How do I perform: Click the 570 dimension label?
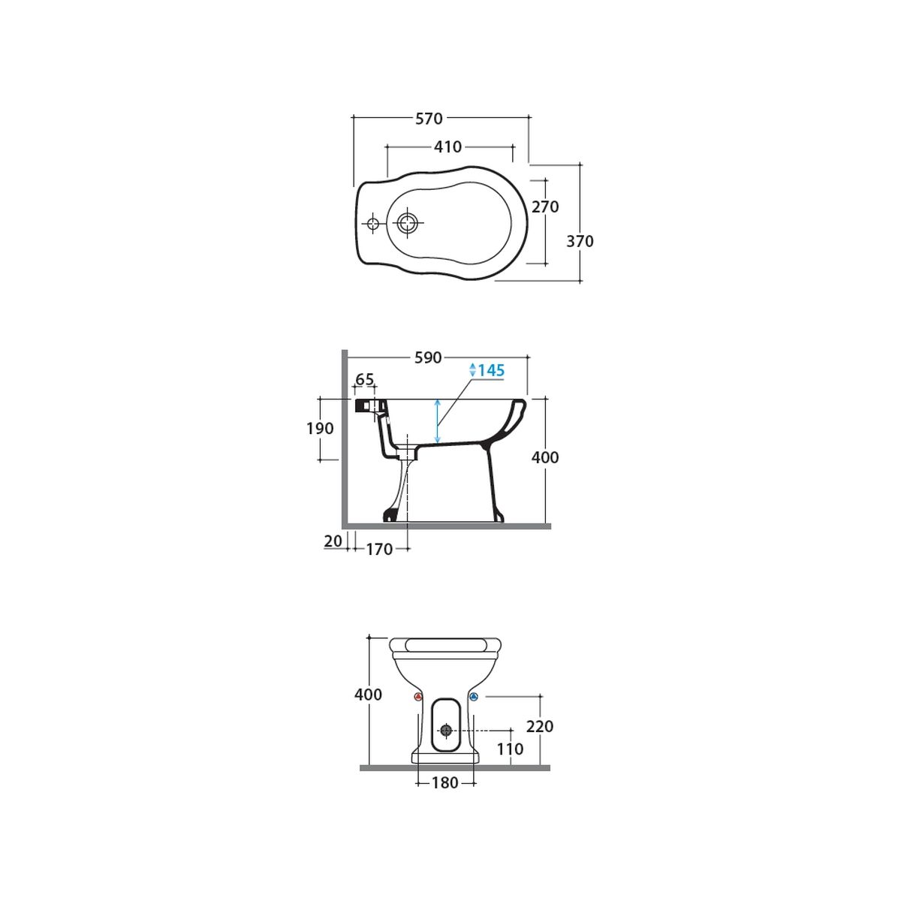pos(429,119)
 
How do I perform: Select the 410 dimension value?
pos(448,147)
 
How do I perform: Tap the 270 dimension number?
pos(545,206)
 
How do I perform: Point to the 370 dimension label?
pos(580,241)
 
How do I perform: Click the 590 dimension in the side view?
pos(428,357)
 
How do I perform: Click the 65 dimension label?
pos(365,379)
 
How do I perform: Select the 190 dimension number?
pos(320,428)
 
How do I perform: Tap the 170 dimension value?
pos(379,550)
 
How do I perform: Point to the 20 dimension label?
pos(333,541)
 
